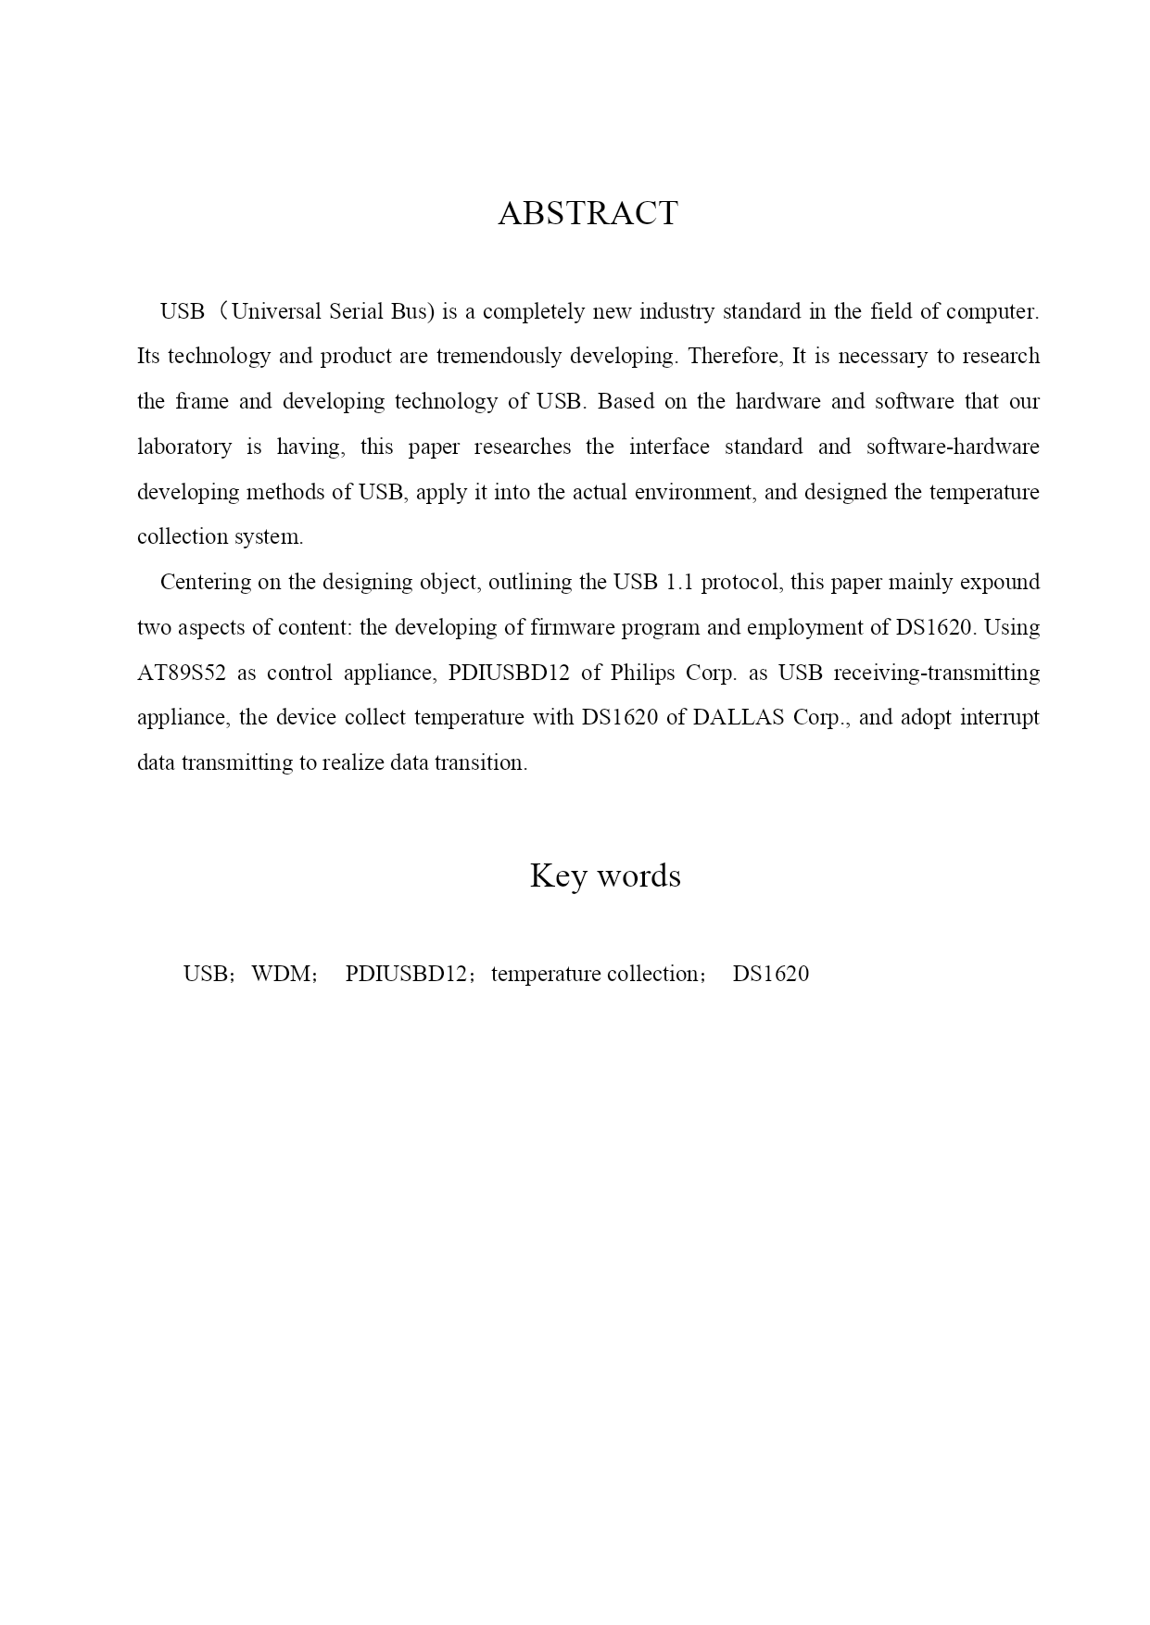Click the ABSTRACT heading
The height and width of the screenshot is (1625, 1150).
[x=588, y=213]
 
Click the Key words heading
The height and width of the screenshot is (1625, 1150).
[x=604, y=875]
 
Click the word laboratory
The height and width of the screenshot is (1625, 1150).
[x=184, y=447]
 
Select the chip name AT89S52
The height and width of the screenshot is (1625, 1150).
[x=181, y=673]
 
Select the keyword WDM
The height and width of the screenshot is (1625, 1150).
[x=282, y=975]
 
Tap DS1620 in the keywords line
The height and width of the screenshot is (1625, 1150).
[x=770, y=975]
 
